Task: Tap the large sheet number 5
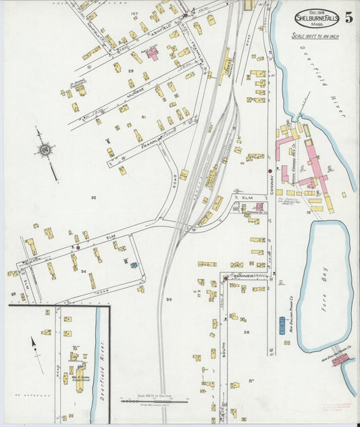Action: tap(349, 18)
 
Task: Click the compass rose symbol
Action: tap(45, 149)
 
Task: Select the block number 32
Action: tap(94, 198)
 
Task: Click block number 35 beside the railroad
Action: tap(169, 299)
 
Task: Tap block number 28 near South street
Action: tap(247, 332)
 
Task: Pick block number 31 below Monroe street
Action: tap(143, 117)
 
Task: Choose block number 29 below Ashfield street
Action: tap(132, 71)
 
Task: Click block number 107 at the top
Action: tap(134, 14)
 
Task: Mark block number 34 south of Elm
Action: tap(83, 272)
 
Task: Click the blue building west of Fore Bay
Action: tap(282, 326)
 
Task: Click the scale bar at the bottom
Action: tap(153, 401)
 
